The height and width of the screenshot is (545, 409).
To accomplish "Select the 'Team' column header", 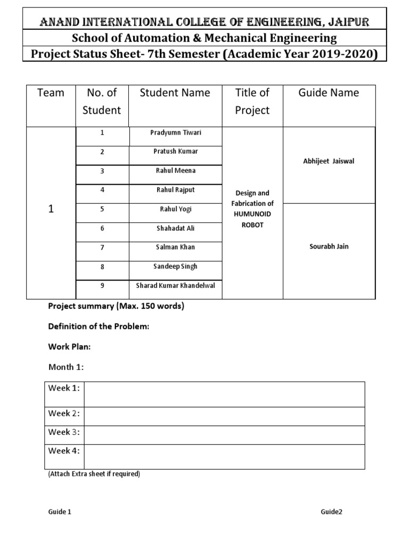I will click(51, 93).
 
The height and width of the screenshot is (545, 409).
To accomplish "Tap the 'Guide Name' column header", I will click(329, 93).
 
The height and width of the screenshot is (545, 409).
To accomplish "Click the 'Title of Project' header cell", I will click(252, 102).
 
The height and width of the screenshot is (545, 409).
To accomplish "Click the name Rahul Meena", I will click(175, 170).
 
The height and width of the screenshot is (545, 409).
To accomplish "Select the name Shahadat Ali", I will click(175, 228).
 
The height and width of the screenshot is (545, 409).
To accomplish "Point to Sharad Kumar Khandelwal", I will click(175, 285).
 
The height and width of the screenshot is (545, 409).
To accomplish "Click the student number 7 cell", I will click(102, 247).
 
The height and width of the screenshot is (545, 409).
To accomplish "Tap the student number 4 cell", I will click(102, 190).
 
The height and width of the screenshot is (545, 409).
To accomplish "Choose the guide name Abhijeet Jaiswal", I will click(329, 161).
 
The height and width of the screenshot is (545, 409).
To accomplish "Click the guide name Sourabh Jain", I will click(329, 246).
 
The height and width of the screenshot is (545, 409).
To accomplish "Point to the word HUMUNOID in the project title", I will click(252, 214).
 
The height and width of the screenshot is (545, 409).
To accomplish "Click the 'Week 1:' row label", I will click(64, 388).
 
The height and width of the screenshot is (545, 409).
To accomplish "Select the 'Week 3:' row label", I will click(64, 432).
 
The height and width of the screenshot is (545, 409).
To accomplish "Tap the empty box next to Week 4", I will click(224, 457).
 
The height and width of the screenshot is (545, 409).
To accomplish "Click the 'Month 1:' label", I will click(66, 367).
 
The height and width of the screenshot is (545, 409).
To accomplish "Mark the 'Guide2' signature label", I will click(331, 512).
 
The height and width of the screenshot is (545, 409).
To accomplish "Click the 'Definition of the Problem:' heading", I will click(99, 327).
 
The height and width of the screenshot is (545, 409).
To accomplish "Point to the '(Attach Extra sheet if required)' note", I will click(94, 474).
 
